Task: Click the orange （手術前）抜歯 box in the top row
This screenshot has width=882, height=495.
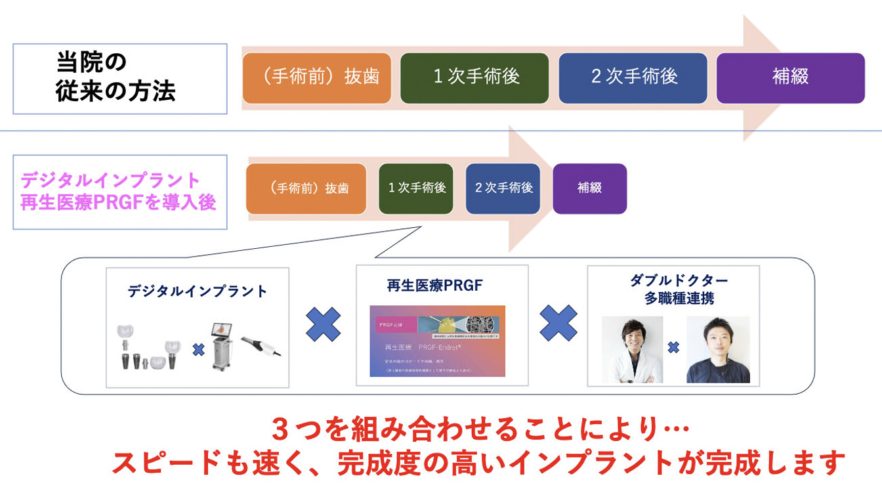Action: tap(320, 77)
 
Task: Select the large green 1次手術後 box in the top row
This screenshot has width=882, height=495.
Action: tap(474, 77)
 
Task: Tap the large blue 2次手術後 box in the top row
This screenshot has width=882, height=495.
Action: tap(633, 77)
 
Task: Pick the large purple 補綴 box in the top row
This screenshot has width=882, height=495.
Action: tap(790, 77)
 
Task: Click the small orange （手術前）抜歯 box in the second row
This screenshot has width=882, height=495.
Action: tap(306, 188)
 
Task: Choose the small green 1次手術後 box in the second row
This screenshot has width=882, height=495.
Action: tap(416, 188)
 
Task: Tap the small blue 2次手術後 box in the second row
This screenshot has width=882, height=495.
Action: tap(503, 188)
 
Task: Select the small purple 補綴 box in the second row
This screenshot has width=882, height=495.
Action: tap(589, 188)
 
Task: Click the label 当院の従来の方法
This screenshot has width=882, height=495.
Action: tap(115, 77)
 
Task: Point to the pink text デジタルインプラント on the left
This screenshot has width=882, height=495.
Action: tap(110, 179)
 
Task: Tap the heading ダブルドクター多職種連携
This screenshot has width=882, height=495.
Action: tap(679, 289)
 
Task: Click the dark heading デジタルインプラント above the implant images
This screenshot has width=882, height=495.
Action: tap(198, 291)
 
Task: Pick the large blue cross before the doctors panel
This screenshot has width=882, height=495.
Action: tap(558, 323)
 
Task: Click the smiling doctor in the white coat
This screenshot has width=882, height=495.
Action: tap(633, 349)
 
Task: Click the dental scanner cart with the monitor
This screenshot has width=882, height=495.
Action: tap(225, 347)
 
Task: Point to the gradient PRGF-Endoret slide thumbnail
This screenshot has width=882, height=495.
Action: tap(437, 341)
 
